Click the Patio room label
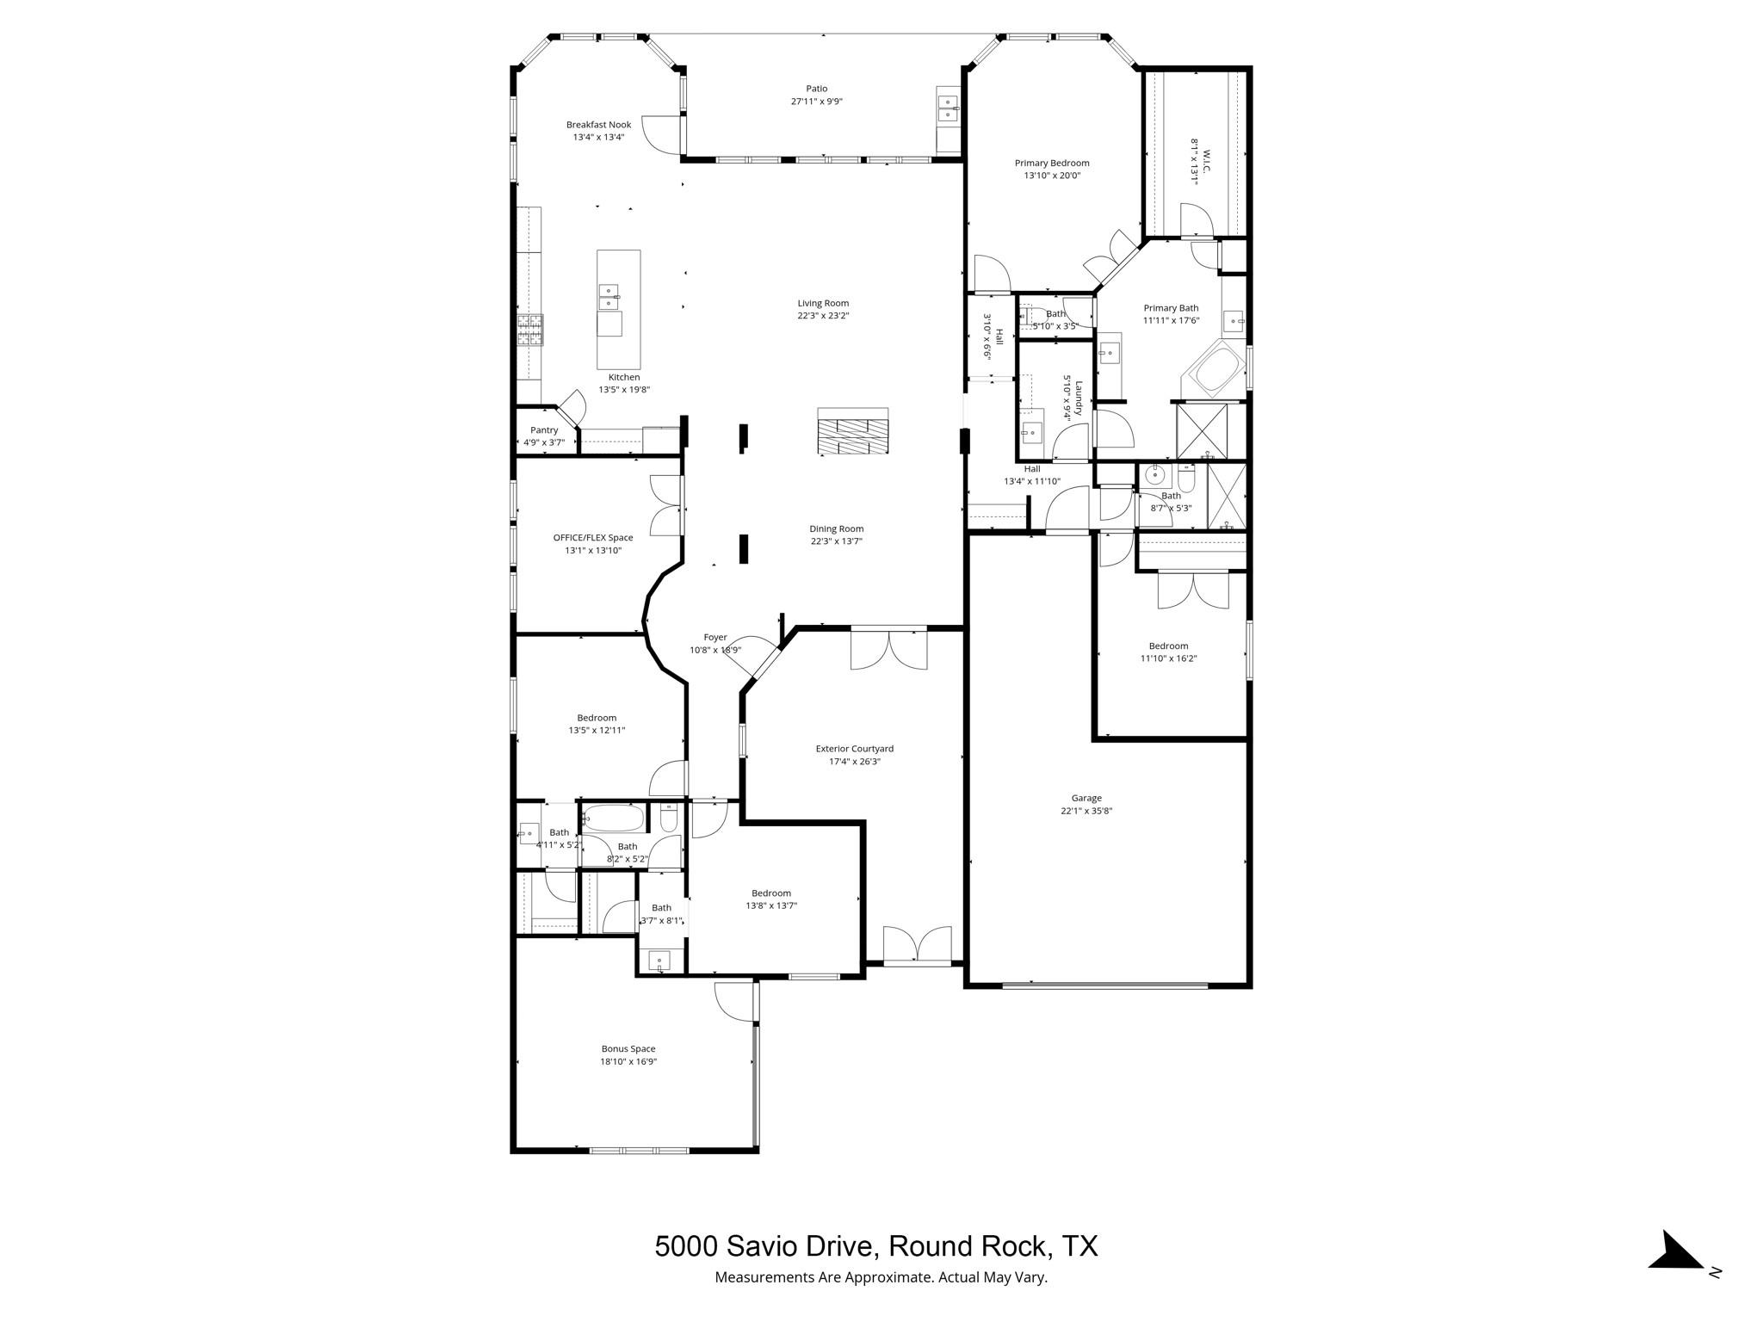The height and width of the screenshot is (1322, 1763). [x=816, y=89]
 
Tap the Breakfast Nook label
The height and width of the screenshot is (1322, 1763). [x=598, y=125]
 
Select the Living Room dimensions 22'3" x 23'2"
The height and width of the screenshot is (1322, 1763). [x=823, y=316]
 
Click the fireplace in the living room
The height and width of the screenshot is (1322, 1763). [x=852, y=430]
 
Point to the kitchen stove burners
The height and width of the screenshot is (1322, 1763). [x=530, y=330]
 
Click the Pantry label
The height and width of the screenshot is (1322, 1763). [x=544, y=430]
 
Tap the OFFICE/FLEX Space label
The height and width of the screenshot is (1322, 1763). [x=593, y=538]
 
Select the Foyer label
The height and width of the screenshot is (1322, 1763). [x=715, y=638]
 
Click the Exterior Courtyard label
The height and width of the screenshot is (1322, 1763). [x=855, y=749]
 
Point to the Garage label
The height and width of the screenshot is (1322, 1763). [x=1086, y=798]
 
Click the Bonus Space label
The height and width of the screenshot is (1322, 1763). [x=628, y=1049]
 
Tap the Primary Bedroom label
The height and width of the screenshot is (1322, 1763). [x=1052, y=163]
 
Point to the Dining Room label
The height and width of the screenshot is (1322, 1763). [x=836, y=529]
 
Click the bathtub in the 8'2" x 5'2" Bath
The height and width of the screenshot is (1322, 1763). [x=612, y=818]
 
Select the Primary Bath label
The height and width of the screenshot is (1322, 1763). [x=1171, y=308]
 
